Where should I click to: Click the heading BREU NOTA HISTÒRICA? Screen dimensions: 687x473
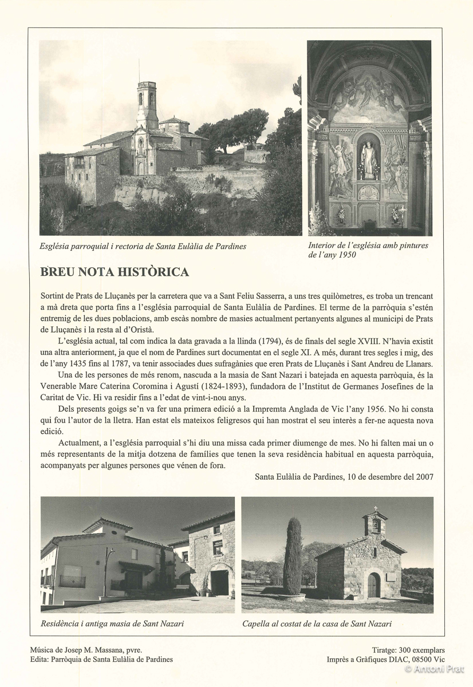[115, 272]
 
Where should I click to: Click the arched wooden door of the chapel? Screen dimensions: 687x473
[373, 585]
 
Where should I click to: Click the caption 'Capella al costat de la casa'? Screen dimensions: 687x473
[317, 624]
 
